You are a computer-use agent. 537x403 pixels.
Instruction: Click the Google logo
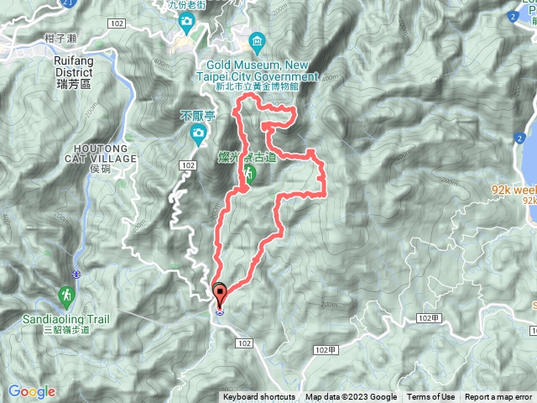pos(32,391)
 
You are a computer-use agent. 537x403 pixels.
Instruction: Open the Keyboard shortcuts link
pos(259,397)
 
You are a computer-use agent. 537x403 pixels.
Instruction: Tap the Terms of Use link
pos(430,397)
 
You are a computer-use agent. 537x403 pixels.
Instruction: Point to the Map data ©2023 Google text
pos(351,397)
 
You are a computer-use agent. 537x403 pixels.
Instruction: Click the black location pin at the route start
pos(221,296)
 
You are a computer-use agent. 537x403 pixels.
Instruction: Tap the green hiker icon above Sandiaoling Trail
pos(65,296)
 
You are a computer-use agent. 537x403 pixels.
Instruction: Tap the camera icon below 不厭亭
pos(196,133)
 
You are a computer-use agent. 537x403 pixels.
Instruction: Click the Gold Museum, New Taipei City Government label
pos(262,71)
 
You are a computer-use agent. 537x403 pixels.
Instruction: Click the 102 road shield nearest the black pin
pos(244,343)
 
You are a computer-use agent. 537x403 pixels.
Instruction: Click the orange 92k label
pos(515,191)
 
